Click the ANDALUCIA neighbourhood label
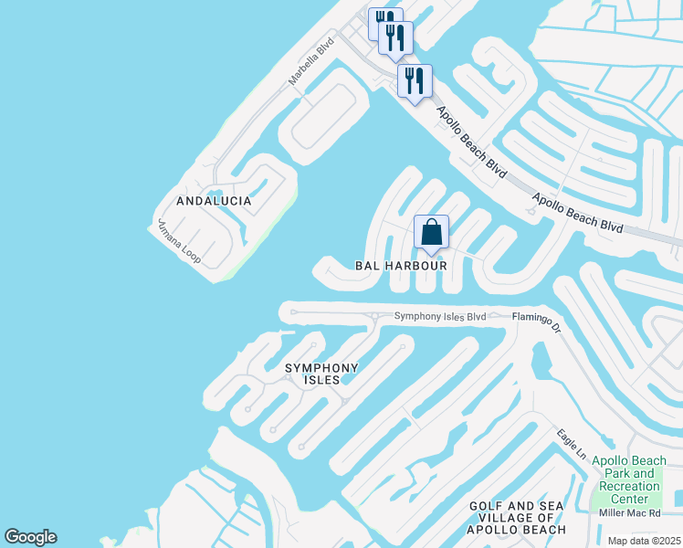[214, 201]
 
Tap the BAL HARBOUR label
[401, 266]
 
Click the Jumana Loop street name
[179, 243]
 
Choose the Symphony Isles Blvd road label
[439, 317]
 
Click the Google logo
[30, 537]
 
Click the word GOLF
[489, 506]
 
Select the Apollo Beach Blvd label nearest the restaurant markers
[471, 142]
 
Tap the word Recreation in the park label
[625, 486]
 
